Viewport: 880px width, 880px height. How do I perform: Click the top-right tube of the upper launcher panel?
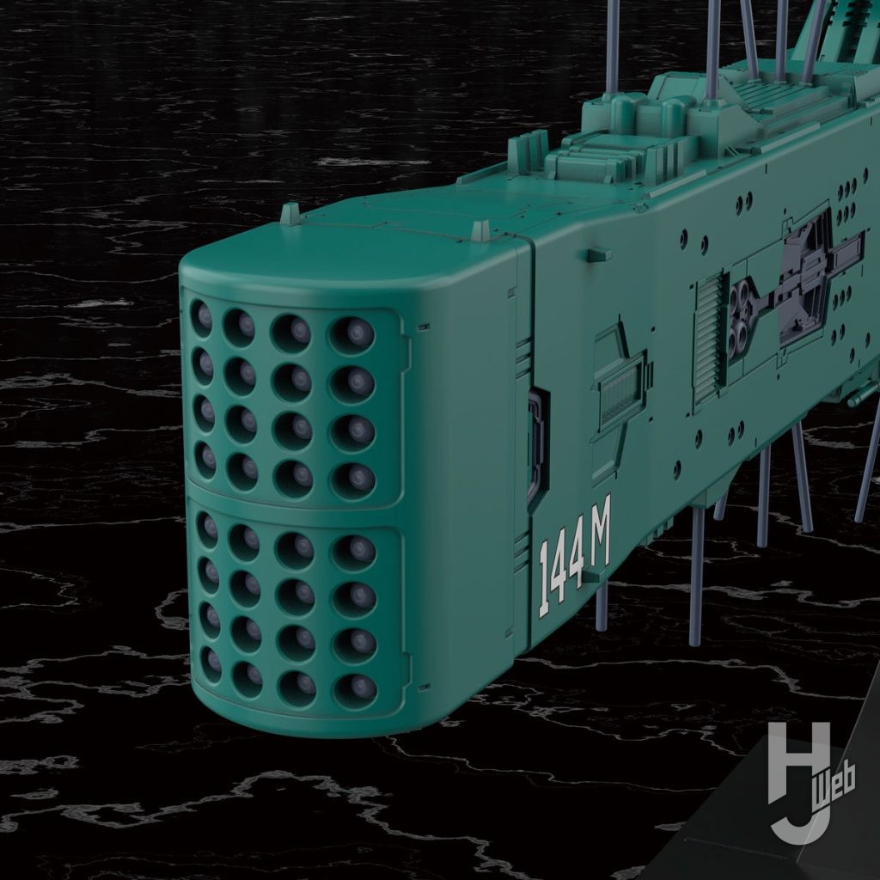[x=351, y=335]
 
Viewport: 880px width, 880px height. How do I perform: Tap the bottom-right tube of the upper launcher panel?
[x=353, y=480]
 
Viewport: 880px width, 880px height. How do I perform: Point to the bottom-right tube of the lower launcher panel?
[x=355, y=690]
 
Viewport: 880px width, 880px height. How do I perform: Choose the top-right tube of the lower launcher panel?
[x=353, y=553]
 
